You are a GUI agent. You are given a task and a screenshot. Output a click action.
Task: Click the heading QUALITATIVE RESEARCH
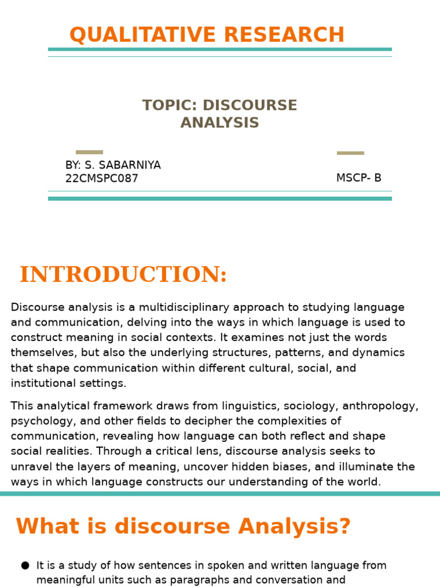pos(207,35)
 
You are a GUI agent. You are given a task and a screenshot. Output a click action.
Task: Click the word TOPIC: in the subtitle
pos(170,105)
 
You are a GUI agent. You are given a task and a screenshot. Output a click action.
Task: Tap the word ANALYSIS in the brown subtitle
pos(219,123)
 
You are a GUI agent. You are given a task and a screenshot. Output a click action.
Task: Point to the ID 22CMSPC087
pos(101,178)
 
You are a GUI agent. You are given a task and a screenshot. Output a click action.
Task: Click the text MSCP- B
pos(359,178)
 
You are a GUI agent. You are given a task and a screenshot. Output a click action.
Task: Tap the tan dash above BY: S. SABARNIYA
pos(89,152)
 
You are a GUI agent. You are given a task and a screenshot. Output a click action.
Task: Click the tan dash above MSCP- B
pos(350,153)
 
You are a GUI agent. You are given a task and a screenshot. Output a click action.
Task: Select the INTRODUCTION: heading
pos(123,275)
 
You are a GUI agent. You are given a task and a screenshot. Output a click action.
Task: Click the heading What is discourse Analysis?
pos(183,526)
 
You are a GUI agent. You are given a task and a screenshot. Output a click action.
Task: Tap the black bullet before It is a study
pos(25,566)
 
